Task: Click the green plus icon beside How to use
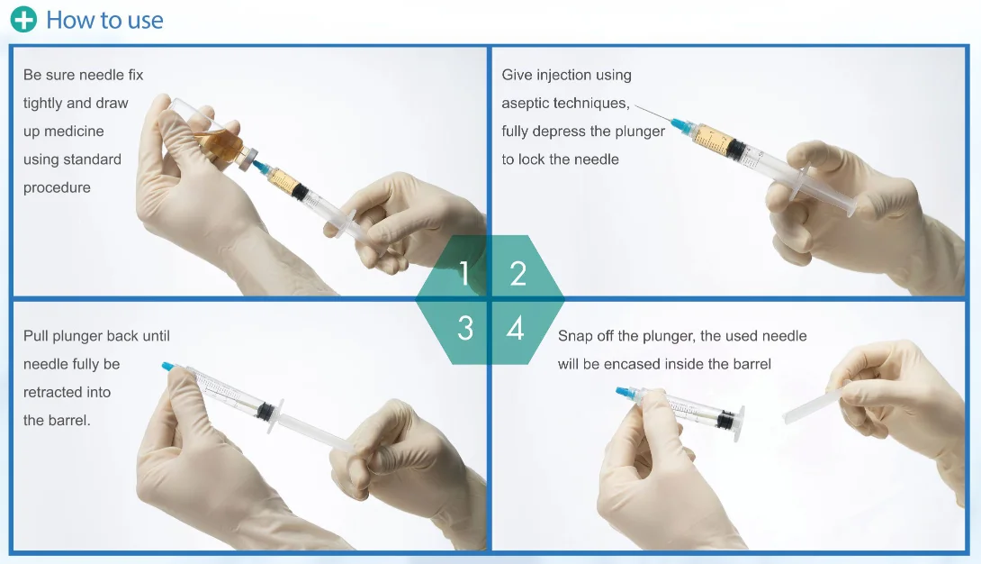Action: pos(23,20)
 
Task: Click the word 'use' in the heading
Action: pos(145,21)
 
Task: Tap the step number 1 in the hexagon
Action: pos(463,273)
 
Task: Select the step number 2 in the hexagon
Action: pos(517,273)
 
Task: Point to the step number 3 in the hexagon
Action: pos(464,328)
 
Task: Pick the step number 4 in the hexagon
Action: pos(515,328)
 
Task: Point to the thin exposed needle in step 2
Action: pos(652,113)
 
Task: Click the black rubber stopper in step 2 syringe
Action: pos(736,150)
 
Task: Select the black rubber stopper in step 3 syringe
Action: pos(266,410)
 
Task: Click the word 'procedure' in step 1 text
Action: pos(57,188)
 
